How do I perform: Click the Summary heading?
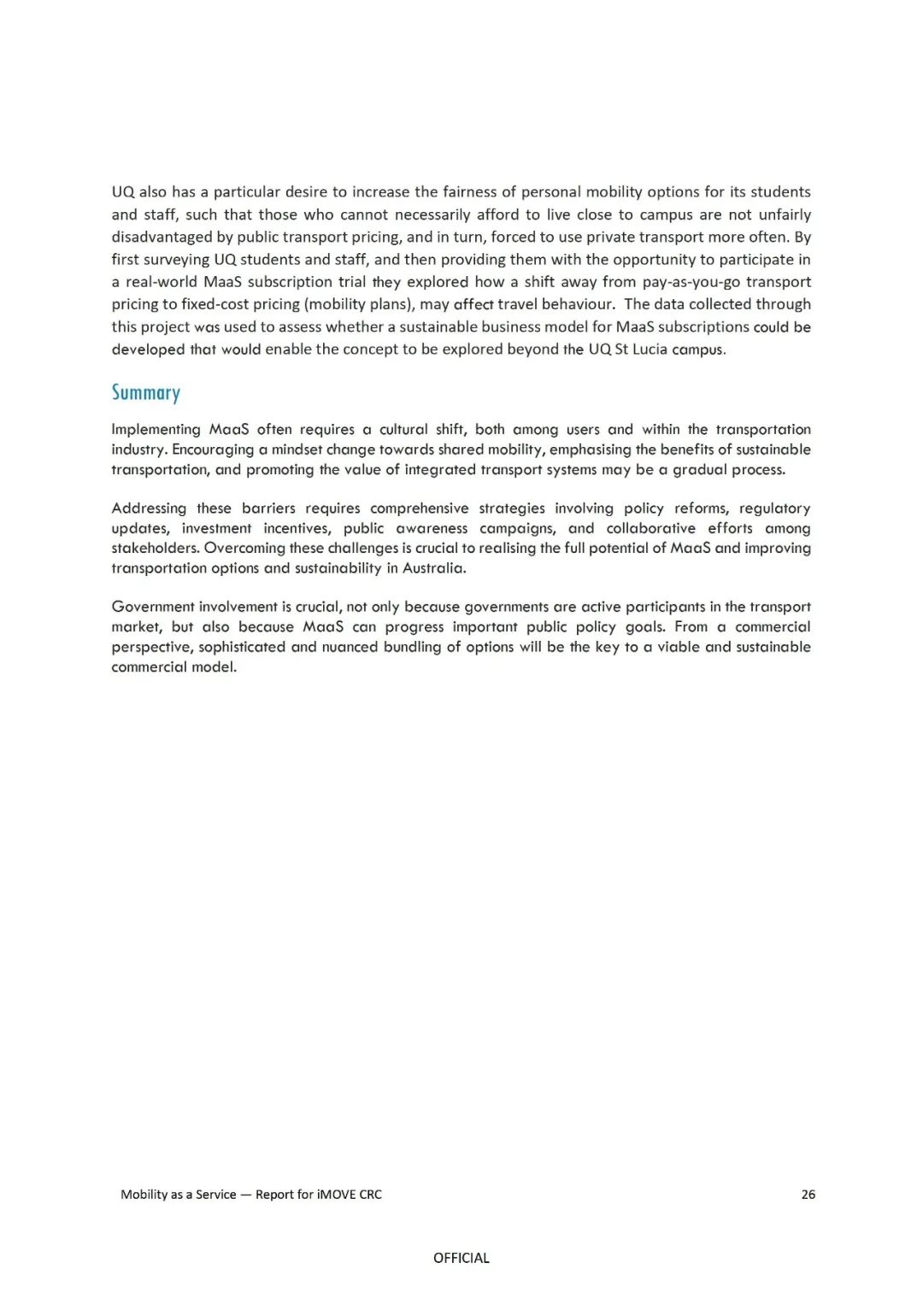click(145, 393)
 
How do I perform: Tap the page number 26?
click(808, 1195)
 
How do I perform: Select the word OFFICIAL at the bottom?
click(461, 1258)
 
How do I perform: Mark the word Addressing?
click(149, 508)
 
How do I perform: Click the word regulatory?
click(774, 508)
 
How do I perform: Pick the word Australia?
click(434, 568)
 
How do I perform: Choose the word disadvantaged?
click(160, 238)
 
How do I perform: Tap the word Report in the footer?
click(274, 1195)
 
